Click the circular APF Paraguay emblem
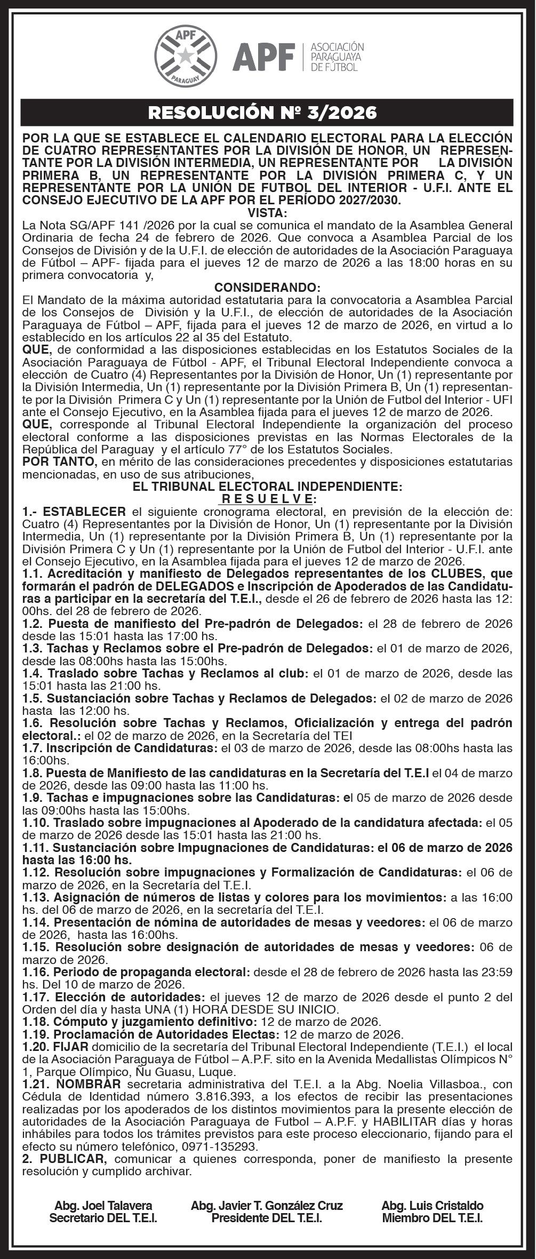[x=186, y=57]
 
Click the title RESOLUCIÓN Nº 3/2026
[x=262, y=113]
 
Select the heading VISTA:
[x=268, y=213]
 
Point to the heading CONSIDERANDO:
[x=268, y=288]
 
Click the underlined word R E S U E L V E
[x=267, y=499]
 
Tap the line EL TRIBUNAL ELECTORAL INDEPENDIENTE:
[x=268, y=487]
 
